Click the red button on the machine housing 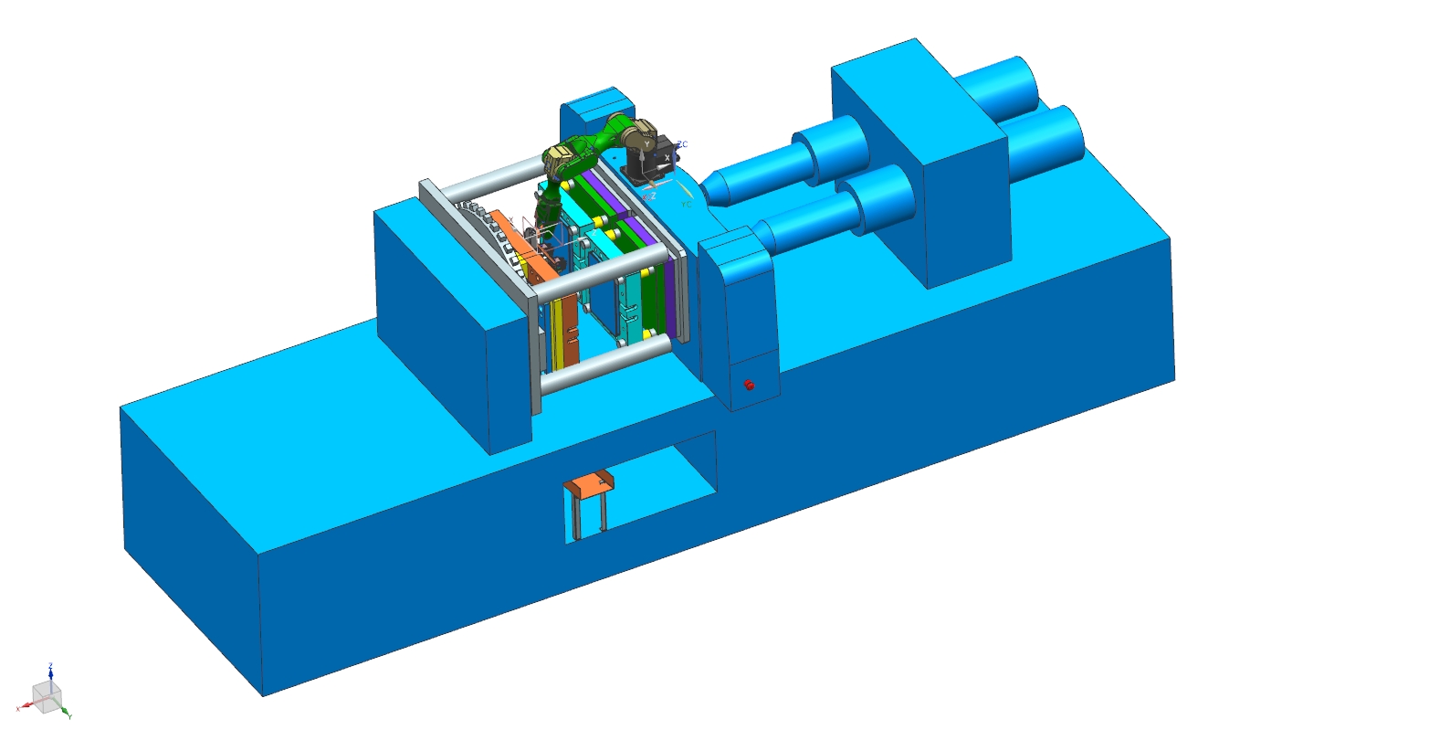click(750, 385)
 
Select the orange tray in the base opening click(588, 484)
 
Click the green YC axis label click(686, 205)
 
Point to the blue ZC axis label click(682, 144)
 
